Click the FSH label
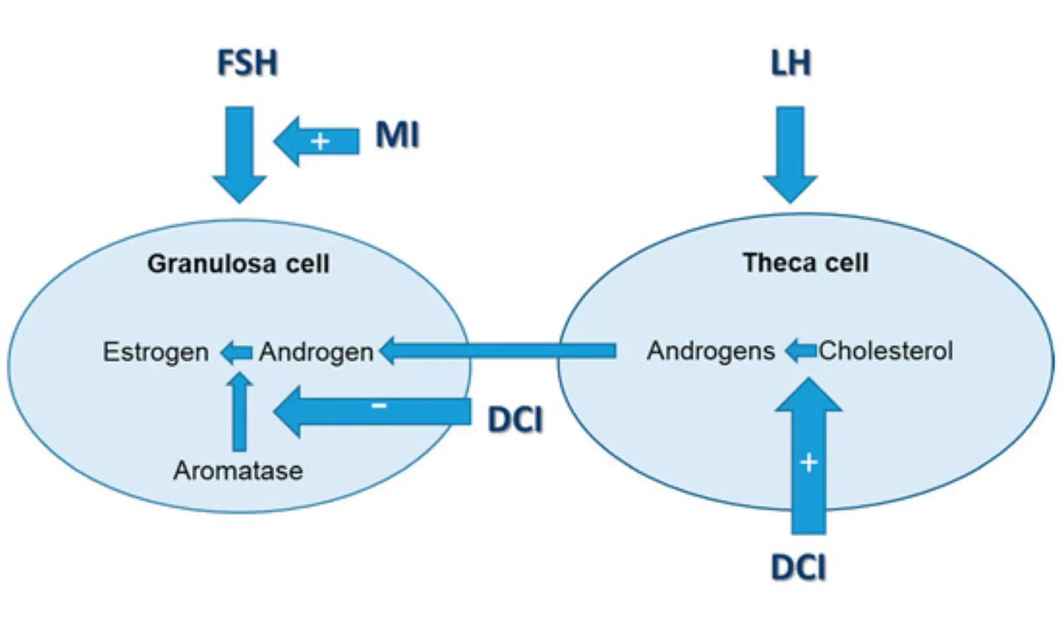[247, 63]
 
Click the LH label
[791, 63]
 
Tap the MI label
[397, 135]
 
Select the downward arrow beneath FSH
[239, 153]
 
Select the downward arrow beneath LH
[790, 153]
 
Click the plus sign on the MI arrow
[320, 141]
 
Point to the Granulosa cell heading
[238, 264]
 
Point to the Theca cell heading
[805, 263]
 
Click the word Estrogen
[155, 352]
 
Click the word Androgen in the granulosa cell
[316, 352]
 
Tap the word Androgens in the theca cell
[711, 350]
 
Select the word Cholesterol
[886, 350]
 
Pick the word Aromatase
[238, 471]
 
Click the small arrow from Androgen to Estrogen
[236, 352]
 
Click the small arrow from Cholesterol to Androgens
[800, 350]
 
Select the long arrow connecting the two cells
[498, 350]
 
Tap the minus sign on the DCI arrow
[379, 405]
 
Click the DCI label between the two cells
[515, 420]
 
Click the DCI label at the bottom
[798, 568]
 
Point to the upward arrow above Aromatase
[239, 412]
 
